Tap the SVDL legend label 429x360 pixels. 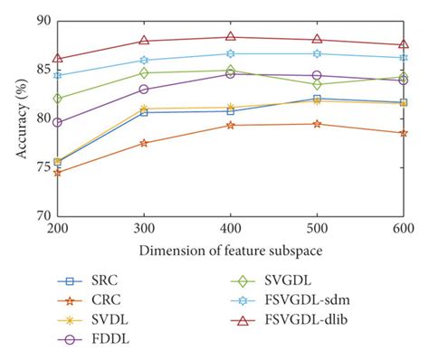[x=107, y=317]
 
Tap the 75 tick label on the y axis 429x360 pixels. [x=43, y=167]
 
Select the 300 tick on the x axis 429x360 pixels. [x=144, y=230]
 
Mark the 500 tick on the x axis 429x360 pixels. [x=316, y=230]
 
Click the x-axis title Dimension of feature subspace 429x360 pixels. [x=230, y=249]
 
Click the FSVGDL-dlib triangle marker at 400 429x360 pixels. [x=230, y=37]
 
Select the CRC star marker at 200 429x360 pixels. [x=58, y=171]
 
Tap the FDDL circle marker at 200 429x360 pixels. [x=58, y=122]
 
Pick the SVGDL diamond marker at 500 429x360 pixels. [x=316, y=84]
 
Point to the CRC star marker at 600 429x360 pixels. [x=402, y=133]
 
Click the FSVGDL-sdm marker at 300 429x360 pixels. [x=144, y=61]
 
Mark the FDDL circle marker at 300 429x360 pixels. [x=144, y=89]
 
